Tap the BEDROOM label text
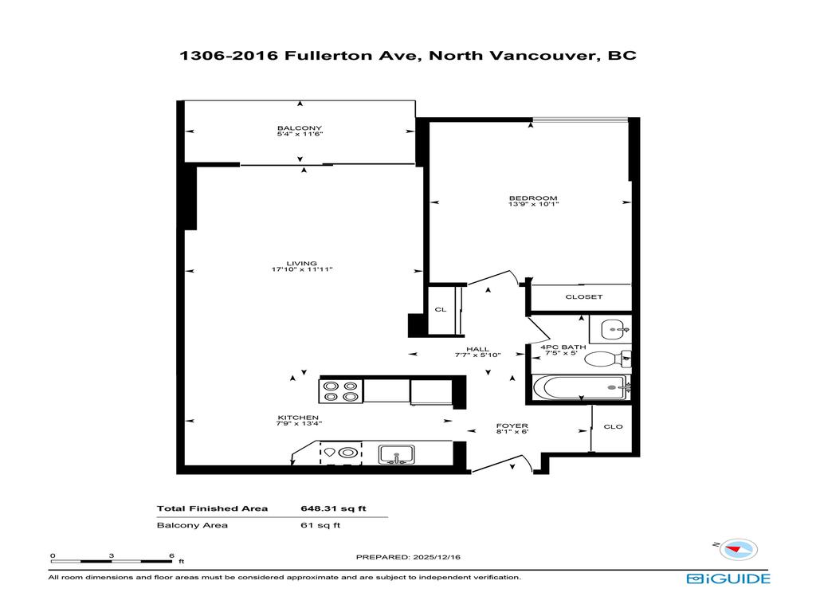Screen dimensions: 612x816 pyautogui.click(x=533, y=198)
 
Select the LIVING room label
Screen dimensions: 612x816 pyautogui.click(x=302, y=264)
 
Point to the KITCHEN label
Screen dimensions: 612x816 pyautogui.click(x=298, y=418)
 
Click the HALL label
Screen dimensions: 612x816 pyautogui.click(x=478, y=349)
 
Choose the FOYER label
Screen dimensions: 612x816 pyautogui.click(x=511, y=426)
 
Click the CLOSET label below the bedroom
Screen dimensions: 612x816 pyautogui.click(x=584, y=297)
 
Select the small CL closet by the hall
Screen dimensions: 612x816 pyautogui.click(x=440, y=309)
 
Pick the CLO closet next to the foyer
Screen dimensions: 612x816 pyautogui.click(x=613, y=426)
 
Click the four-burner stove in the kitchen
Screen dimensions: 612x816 pyautogui.click(x=340, y=391)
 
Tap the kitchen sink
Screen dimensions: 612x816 pyautogui.click(x=394, y=454)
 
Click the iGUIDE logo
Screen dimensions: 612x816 pyautogui.click(x=728, y=579)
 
